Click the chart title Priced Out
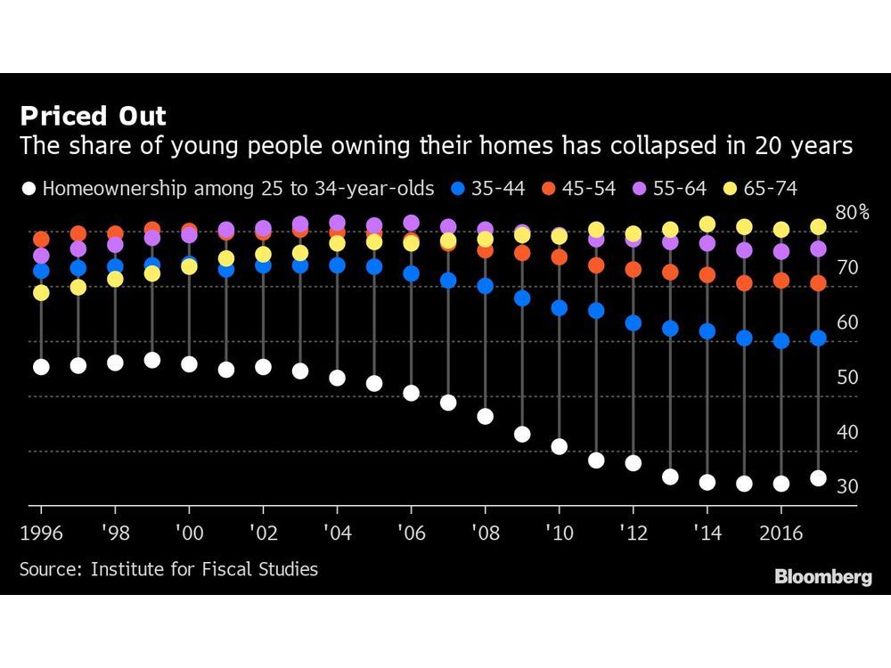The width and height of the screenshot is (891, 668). (93, 116)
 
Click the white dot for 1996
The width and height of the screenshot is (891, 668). (40, 366)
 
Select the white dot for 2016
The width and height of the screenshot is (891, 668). (781, 484)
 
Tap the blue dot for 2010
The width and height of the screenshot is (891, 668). (560, 307)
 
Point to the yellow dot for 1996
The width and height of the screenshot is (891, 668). (40, 292)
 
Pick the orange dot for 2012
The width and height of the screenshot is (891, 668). (634, 269)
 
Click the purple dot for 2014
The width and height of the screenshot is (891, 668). (707, 243)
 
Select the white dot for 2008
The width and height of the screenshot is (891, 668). (486, 416)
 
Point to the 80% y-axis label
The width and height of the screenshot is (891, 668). (852, 212)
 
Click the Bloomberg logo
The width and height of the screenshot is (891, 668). (822, 577)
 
